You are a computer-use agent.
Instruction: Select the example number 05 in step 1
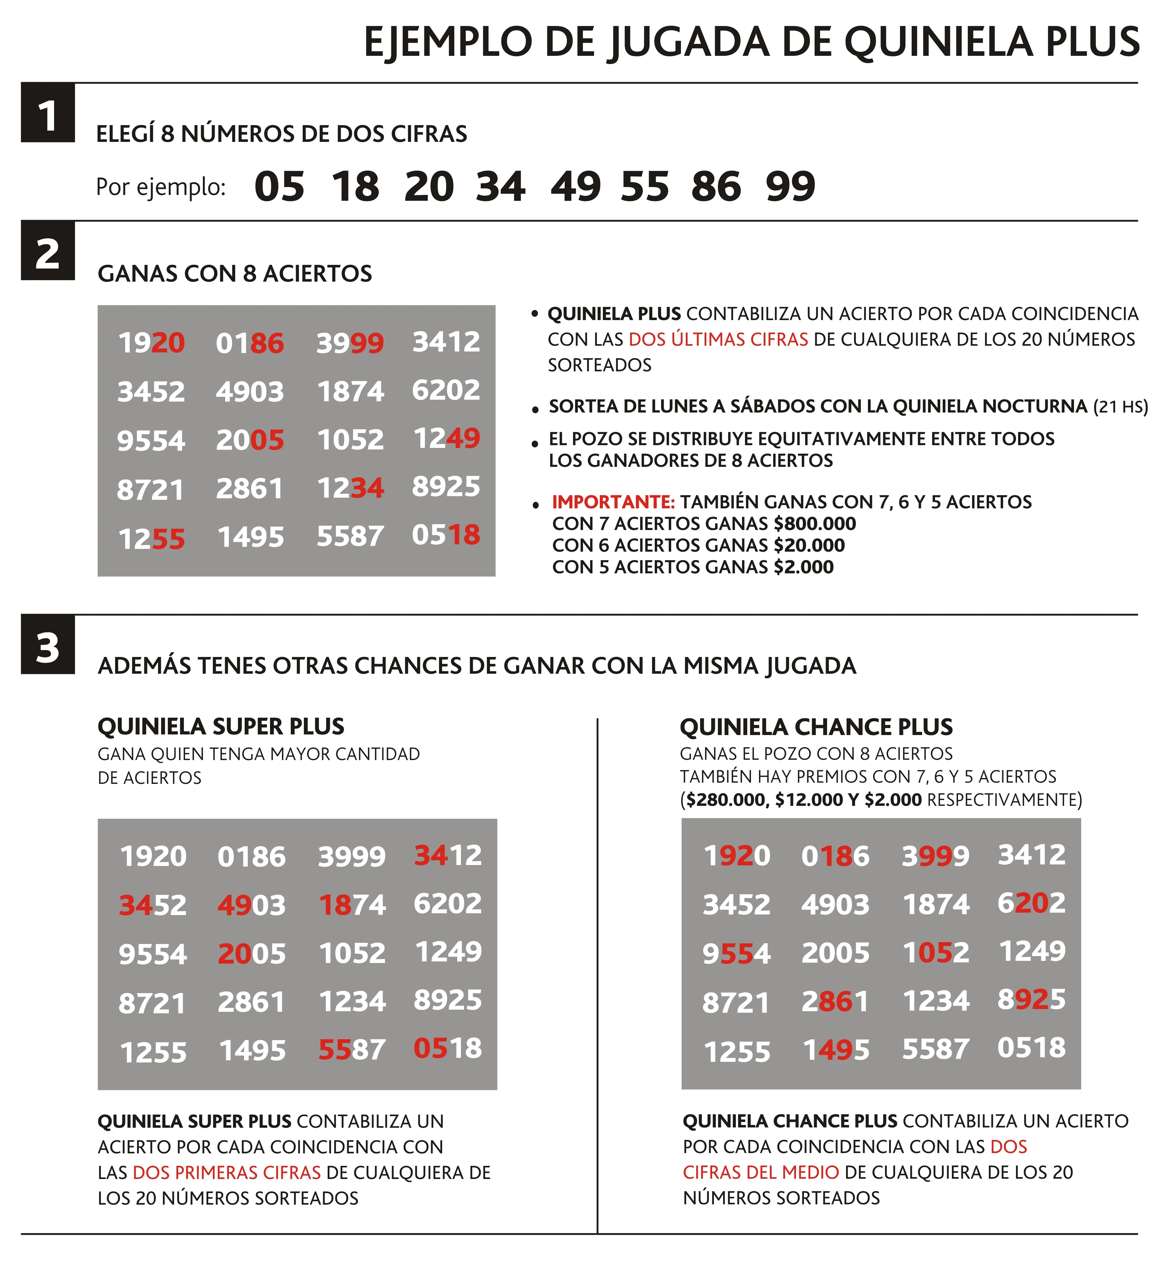click(279, 187)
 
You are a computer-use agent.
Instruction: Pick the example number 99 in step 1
click(790, 187)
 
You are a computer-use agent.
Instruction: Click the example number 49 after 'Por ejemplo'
click(575, 187)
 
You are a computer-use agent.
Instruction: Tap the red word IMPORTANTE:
click(613, 502)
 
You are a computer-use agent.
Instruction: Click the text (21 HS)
click(1120, 407)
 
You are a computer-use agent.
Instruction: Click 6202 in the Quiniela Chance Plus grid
click(1032, 903)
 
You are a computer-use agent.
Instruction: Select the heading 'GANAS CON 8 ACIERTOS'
click(235, 274)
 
